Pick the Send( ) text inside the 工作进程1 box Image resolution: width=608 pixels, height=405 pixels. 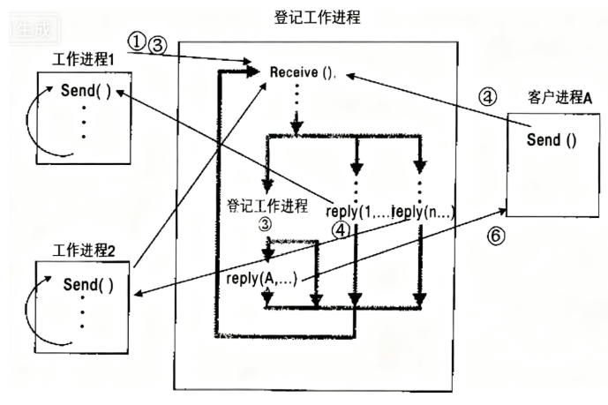(86, 91)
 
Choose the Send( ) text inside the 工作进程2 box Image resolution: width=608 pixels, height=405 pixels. (89, 285)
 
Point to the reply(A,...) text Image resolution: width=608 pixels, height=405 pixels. (261, 280)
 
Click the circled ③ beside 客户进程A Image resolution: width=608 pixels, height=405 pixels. (488, 97)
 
